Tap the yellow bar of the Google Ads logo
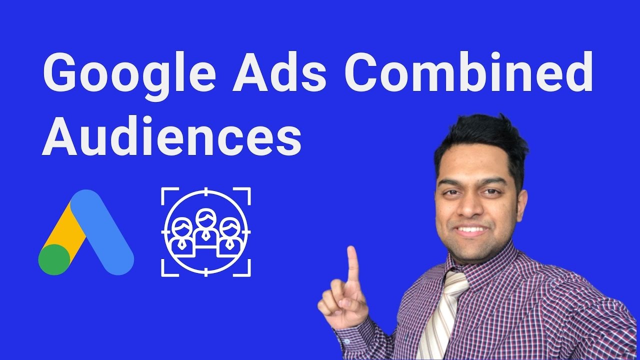click(70, 230)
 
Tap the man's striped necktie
click(442, 315)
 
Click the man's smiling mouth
click(471, 231)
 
